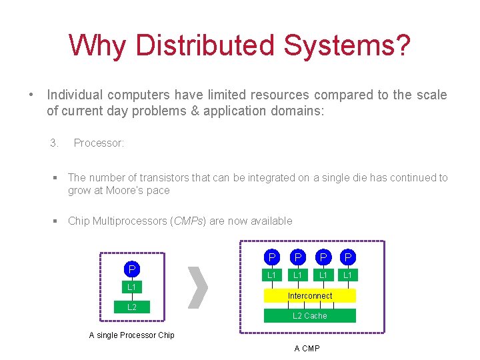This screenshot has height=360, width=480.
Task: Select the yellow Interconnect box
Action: click(x=310, y=295)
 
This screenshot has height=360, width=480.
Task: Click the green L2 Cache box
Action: click(x=310, y=315)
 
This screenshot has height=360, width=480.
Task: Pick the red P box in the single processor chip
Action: click(x=132, y=269)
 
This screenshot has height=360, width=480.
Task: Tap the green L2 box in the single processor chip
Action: click(x=132, y=307)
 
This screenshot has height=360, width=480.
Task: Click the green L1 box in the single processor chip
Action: click(x=132, y=287)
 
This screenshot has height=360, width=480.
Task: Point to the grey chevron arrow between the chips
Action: click(x=198, y=288)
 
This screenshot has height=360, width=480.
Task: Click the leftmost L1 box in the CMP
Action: click(x=272, y=275)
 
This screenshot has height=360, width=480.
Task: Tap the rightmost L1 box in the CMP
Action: click(x=348, y=275)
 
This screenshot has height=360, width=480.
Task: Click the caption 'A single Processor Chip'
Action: click(x=132, y=335)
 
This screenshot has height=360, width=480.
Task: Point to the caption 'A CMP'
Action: click(x=307, y=349)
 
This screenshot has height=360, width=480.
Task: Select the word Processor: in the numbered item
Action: click(x=99, y=143)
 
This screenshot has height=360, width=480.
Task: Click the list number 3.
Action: click(x=55, y=143)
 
